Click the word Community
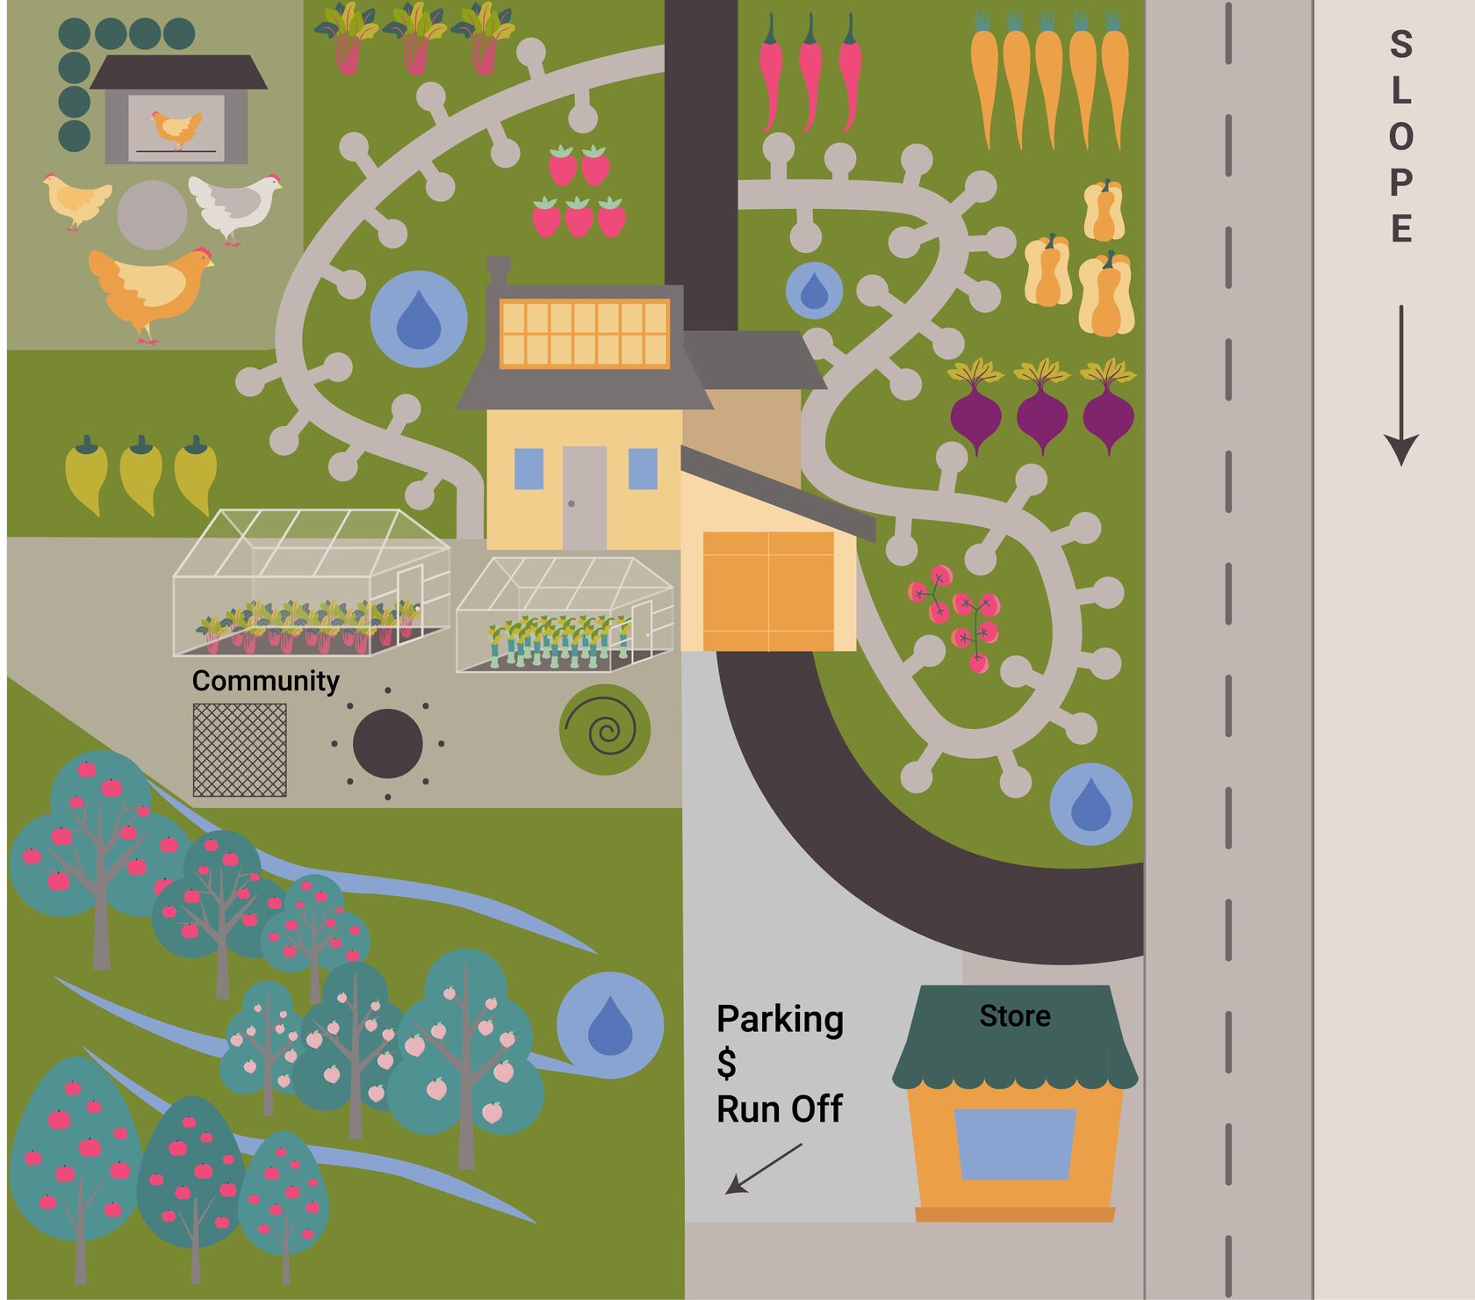pyautogui.click(x=265, y=681)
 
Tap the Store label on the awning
pyautogui.click(x=1015, y=1016)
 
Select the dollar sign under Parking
pyautogui.click(x=726, y=1063)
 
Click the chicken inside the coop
pyautogui.click(x=176, y=129)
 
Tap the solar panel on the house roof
pyautogui.click(x=585, y=333)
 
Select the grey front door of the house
pyautogui.click(x=584, y=496)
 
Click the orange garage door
pyautogui.click(x=768, y=590)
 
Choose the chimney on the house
pyautogui.click(x=499, y=271)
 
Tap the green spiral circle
pyautogui.click(x=605, y=729)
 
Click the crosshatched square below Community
pyautogui.click(x=240, y=750)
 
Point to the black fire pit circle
pyautogui.click(x=387, y=744)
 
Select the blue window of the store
pyautogui.click(x=1015, y=1143)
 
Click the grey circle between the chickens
pyautogui.click(x=152, y=215)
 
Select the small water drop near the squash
pyautogui.click(x=814, y=291)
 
